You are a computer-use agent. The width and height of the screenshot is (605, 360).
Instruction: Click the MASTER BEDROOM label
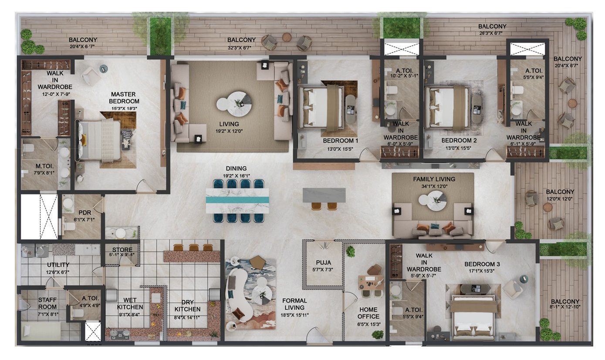tap(124, 98)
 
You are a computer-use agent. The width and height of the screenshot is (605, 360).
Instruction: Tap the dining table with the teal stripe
tap(237, 201)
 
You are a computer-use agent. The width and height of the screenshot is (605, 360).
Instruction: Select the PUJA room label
tap(324, 262)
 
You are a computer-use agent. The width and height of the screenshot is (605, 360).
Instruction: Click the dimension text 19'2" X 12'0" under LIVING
tap(229, 131)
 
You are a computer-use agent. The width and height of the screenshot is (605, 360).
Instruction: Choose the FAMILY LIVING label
tap(434, 179)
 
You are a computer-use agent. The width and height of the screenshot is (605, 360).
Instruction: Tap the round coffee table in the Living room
tap(234, 104)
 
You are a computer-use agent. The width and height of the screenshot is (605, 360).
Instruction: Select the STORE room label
tap(122, 250)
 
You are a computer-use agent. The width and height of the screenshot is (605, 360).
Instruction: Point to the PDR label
tap(85, 213)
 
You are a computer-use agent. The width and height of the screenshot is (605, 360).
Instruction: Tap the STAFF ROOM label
tap(47, 303)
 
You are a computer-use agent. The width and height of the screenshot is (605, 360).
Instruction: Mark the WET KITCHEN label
tap(130, 303)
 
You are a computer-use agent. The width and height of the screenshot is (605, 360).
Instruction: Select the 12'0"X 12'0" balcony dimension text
tap(559, 199)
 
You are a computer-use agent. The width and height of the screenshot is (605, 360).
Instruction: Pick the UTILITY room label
tap(58, 265)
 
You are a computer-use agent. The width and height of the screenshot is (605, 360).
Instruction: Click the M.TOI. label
tap(44, 166)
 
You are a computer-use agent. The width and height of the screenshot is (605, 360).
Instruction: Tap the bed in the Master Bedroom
tap(99, 140)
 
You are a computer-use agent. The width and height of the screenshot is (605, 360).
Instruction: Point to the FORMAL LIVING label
tap(294, 304)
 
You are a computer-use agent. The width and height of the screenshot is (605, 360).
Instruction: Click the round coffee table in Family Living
tap(433, 200)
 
